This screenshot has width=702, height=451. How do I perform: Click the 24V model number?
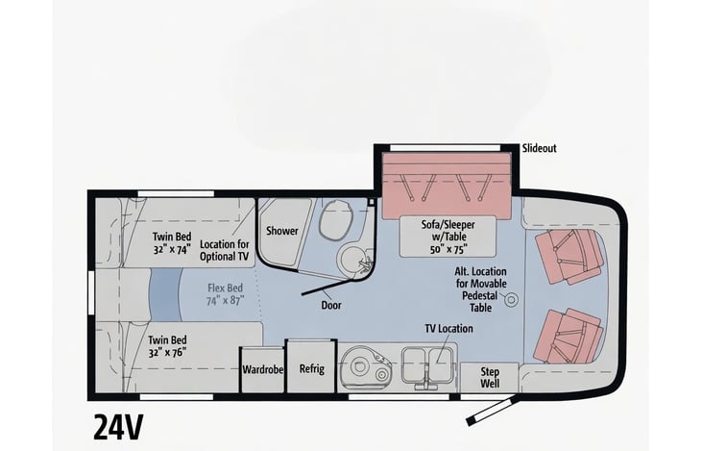click(x=118, y=427)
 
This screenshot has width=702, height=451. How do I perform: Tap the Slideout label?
click(x=539, y=148)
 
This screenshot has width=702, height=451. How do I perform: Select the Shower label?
click(x=282, y=231)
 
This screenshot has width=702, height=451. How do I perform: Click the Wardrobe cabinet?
click(x=263, y=370)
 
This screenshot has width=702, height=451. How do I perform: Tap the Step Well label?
click(x=490, y=378)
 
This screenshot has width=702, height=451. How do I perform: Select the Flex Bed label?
click(x=225, y=294)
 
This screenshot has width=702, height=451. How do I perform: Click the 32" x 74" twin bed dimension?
click(x=172, y=249)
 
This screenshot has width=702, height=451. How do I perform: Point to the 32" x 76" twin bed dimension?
click(x=167, y=352)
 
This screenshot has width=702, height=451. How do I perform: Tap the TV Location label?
click(x=448, y=329)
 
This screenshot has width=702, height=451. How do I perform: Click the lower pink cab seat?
click(x=569, y=337)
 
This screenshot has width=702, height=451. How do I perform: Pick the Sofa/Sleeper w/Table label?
click(x=448, y=237)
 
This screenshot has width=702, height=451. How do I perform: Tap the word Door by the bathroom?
click(x=331, y=305)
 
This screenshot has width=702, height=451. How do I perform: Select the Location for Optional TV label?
click(x=225, y=250)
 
